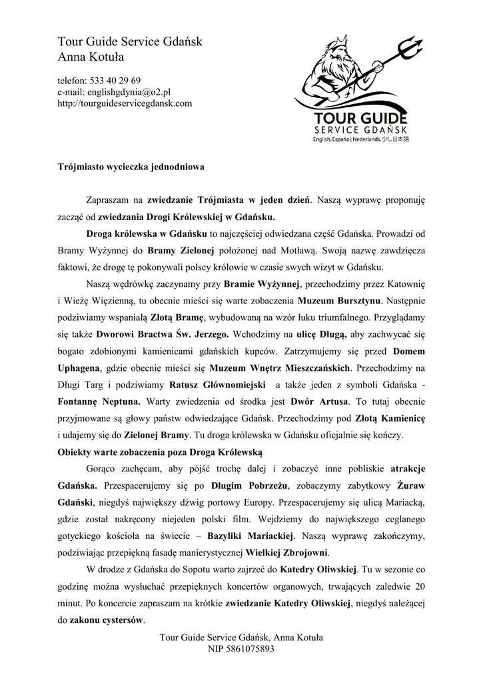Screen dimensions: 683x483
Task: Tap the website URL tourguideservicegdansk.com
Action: click(x=125, y=103)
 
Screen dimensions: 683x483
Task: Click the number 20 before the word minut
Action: click(x=419, y=586)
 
